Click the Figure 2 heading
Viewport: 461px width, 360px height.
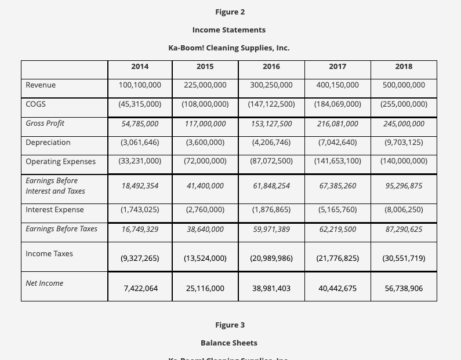coord(230,12)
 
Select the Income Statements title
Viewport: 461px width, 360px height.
coord(229,30)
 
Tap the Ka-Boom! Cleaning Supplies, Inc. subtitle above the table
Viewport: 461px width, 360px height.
coord(229,48)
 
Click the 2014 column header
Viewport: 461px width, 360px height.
coord(140,67)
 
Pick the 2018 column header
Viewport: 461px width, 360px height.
coord(404,67)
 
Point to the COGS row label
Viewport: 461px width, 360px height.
coord(36,104)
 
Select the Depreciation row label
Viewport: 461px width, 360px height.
coord(48,142)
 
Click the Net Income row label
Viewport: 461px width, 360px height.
coord(45,283)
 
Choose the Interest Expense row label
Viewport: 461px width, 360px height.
coord(55,209)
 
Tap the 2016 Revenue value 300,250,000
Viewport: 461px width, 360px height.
coord(271,85)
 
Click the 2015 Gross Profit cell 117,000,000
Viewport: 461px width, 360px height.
coord(205,123)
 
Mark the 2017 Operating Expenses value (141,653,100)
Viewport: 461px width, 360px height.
coord(337,161)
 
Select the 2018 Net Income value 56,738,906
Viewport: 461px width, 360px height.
coord(404,288)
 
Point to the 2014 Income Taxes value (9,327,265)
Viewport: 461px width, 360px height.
coord(140,259)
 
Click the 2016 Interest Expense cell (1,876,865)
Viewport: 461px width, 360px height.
coord(271,210)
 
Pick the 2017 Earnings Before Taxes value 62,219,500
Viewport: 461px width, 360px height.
coord(337,229)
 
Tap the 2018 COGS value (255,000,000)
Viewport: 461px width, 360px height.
coord(404,104)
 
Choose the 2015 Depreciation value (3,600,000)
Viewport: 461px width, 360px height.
coord(205,143)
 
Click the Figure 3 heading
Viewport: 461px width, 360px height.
coord(230,325)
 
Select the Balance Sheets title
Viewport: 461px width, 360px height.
coord(229,343)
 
